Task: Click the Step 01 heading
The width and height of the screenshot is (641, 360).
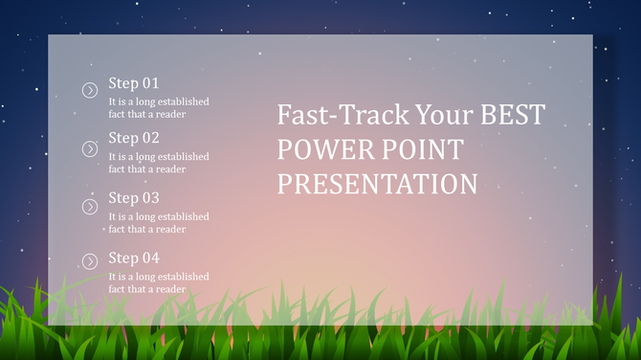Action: (134, 83)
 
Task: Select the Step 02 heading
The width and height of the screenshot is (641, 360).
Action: (134, 138)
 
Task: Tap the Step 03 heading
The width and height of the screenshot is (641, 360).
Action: (134, 198)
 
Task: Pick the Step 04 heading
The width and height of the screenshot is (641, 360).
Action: (134, 258)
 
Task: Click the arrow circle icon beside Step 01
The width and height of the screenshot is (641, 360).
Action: (90, 90)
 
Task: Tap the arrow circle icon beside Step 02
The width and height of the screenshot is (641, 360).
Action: (90, 148)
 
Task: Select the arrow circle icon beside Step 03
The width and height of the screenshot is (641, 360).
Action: (90, 207)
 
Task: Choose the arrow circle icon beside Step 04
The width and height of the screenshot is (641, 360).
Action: (90, 261)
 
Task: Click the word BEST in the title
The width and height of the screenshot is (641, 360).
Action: (512, 116)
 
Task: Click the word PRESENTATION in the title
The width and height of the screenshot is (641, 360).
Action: (377, 184)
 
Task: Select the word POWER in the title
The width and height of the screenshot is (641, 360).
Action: (323, 150)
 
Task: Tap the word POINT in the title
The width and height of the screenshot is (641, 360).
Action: (422, 150)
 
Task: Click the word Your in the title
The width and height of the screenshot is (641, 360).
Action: (444, 116)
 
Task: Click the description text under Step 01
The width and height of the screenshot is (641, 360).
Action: (158, 108)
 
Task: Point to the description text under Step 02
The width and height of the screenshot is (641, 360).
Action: (158, 163)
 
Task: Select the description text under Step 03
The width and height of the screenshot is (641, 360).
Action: (158, 223)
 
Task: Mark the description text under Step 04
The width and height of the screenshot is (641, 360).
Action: (158, 282)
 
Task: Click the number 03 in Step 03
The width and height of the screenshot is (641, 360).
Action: (150, 198)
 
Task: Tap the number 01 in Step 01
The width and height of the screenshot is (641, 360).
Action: (150, 83)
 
